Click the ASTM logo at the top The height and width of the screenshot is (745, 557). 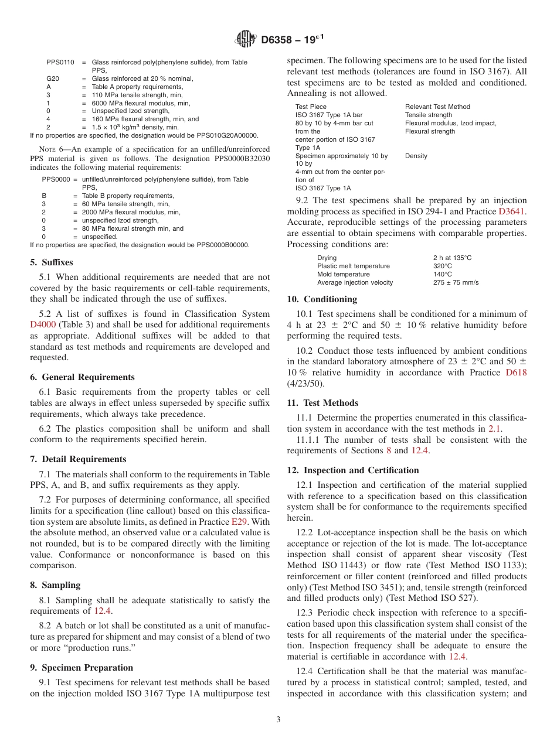click(x=246, y=39)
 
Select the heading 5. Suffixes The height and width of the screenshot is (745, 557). click(x=52, y=262)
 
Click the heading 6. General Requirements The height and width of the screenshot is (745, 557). click(x=83, y=377)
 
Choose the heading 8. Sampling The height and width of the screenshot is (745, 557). click(x=56, y=585)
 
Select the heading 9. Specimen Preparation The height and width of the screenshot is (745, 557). click(x=81, y=667)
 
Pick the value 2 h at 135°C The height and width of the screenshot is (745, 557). click(x=452, y=258)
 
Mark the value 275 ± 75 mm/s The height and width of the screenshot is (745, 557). click(x=456, y=282)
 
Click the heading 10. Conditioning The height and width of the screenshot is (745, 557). click(x=322, y=299)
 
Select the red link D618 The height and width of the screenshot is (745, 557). click(x=516, y=372)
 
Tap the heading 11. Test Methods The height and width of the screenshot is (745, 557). click(x=322, y=403)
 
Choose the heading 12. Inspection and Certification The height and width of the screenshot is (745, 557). click(x=353, y=470)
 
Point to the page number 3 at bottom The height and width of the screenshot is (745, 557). click(x=278, y=720)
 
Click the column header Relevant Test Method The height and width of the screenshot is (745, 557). click(x=437, y=107)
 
